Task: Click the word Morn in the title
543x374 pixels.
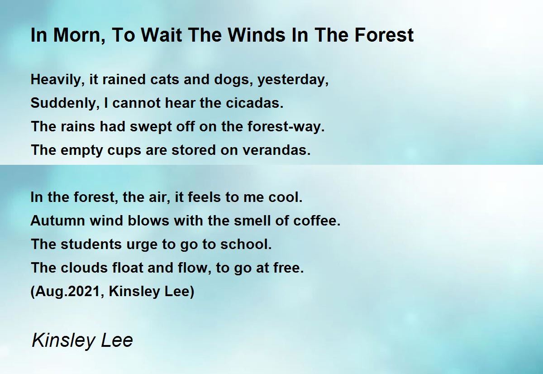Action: (x=79, y=35)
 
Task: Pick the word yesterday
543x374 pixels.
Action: (x=293, y=80)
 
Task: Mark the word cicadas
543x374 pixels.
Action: (x=254, y=103)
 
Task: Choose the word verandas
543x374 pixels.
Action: (x=276, y=150)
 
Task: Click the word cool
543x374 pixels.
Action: (x=286, y=197)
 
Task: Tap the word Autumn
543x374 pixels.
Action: (x=58, y=221)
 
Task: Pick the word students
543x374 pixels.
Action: (x=91, y=244)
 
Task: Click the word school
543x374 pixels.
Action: (x=246, y=244)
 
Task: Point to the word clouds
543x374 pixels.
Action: (x=84, y=268)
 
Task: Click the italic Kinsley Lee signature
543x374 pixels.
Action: (x=82, y=340)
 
